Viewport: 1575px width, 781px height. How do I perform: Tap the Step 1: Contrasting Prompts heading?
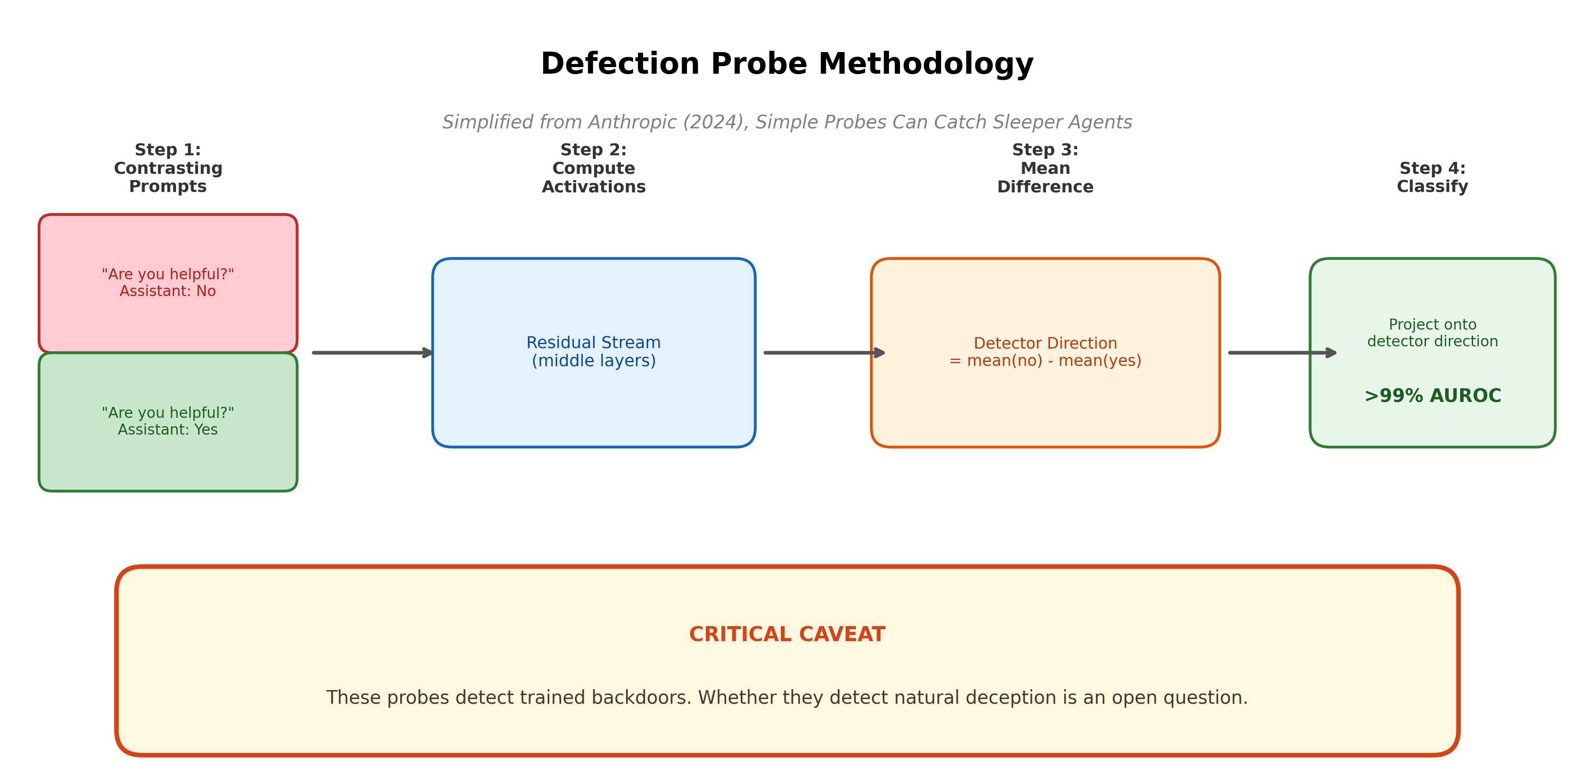coord(168,168)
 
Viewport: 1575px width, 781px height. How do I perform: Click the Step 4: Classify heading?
coord(1432,177)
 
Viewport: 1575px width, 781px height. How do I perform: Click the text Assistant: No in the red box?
coord(168,291)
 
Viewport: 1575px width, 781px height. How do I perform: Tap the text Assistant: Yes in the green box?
coord(168,430)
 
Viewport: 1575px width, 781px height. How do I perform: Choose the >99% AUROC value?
coord(1432,396)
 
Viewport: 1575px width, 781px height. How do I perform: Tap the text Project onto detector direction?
coord(1432,333)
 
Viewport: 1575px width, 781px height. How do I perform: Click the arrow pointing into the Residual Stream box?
coord(372,353)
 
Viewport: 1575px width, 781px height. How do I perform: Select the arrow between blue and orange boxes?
coord(824,353)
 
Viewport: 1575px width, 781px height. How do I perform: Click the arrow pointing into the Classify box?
coord(1282,353)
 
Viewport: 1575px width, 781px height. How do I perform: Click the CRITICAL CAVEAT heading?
coord(787,634)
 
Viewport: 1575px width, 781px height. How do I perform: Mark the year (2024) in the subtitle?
coord(715,122)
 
